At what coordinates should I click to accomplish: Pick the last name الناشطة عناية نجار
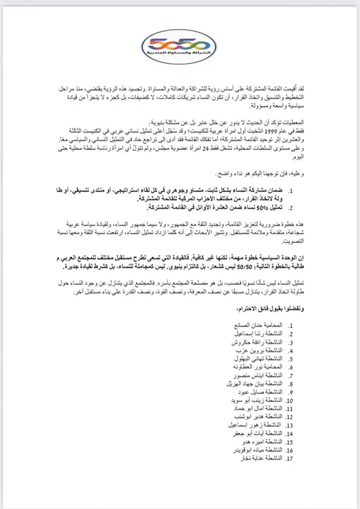coord(265,460)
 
